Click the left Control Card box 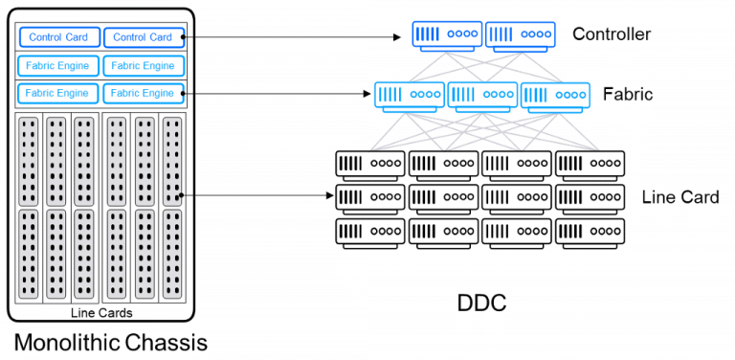pyautogui.click(x=58, y=37)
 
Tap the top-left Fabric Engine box pyautogui.click(x=58, y=66)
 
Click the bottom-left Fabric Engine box pyautogui.click(x=58, y=93)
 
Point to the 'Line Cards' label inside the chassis pyautogui.click(x=101, y=313)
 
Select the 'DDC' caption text pyautogui.click(x=480, y=304)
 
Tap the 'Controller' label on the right pyautogui.click(x=612, y=34)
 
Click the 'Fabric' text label pyautogui.click(x=628, y=95)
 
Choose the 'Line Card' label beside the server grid pyautogui.click(x=679, y=197)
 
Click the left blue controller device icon pyautogui.click(x=447, y=34)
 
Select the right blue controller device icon pyautogui.click(x=520, y=34)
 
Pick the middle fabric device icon pyautogui.click(x=482, y=95)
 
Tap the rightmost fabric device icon pyautogui.click(x=555, y=95)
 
